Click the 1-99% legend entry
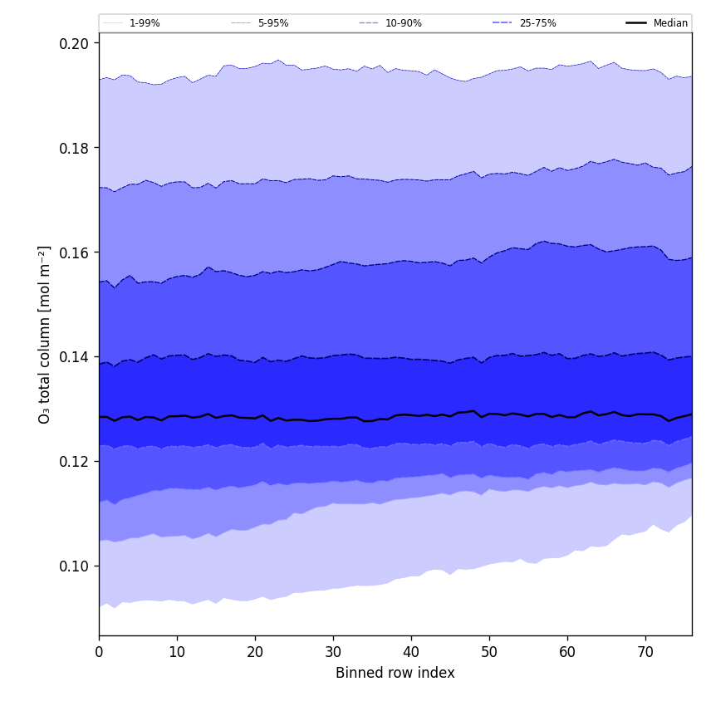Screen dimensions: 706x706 pos(144,23)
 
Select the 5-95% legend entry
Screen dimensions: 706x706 pos(272,23)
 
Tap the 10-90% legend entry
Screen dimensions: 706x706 pos(403,23)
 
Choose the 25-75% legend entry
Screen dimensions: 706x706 pos(537,23)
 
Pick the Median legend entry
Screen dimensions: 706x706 pos(670,23)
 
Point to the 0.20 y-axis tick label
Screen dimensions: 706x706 pos(76,43)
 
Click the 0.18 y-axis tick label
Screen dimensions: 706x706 pos(76,148)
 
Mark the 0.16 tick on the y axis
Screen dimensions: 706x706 pos(76,252)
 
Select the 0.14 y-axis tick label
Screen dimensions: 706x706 pos(76,357)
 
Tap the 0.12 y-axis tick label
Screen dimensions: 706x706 pos(76,462)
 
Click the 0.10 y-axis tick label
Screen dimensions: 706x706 pos(76,566)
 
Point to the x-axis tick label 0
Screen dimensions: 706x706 pos(99,653)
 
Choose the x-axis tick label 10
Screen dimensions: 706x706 pos(177,653)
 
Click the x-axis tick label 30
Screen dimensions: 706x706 pos(333,653)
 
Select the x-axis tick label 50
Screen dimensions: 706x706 pos(489,653)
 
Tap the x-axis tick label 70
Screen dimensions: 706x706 pos(645,653)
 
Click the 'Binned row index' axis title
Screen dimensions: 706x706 pos(395,674)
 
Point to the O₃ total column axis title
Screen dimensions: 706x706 pos(45,334)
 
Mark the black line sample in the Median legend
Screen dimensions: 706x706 pos(636,23)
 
